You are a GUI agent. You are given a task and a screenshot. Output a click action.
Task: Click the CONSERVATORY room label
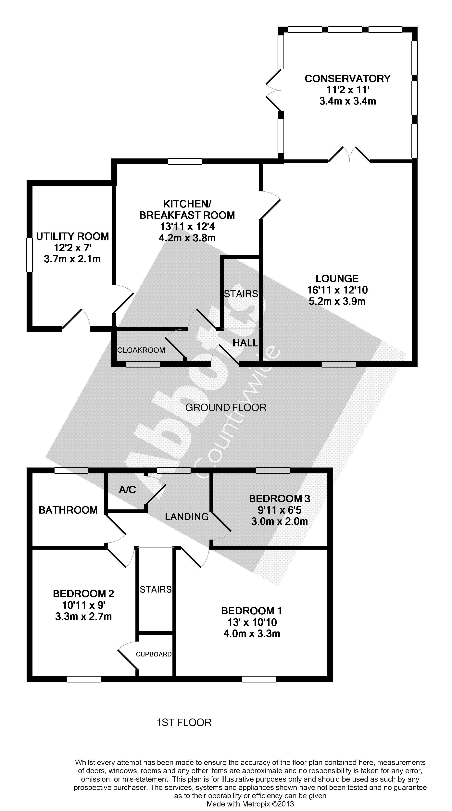347,78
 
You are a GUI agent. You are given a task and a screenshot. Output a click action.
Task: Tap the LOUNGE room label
337,279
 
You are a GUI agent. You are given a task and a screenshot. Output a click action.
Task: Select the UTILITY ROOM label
72,236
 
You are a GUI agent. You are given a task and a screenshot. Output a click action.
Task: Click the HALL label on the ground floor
245,343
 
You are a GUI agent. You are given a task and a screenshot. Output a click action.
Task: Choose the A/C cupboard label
128,490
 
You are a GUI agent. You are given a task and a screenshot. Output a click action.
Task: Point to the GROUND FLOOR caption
226,408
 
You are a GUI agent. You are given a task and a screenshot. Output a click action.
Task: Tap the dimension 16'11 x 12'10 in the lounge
337,290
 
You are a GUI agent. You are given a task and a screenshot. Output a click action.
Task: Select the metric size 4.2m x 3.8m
187,238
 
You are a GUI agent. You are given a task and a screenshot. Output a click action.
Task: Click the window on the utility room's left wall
30,254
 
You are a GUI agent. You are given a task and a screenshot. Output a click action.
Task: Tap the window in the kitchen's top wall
184,161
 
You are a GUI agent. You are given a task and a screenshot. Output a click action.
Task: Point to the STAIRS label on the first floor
156,589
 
